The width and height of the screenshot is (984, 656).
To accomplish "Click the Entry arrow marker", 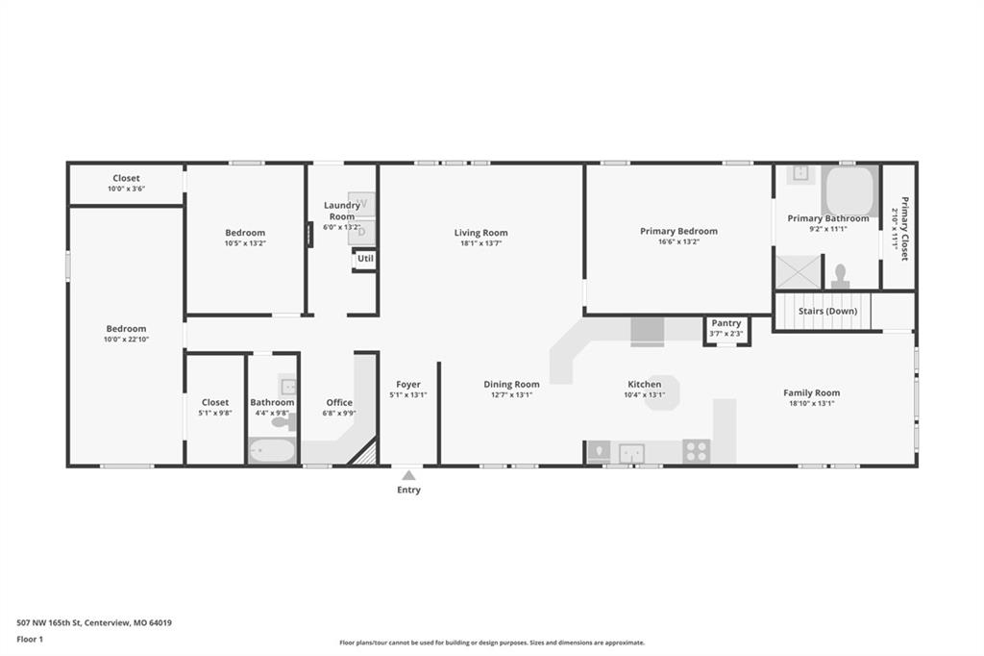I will (408, 475).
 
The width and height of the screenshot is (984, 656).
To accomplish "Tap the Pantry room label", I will (726, 323).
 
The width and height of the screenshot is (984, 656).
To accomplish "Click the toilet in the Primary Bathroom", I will (840, 277).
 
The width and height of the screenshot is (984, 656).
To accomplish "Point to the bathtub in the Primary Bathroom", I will (849, 189).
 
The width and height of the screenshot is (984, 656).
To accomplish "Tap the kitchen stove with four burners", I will (697, 450).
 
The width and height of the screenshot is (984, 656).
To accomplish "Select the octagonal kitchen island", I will (662, 392).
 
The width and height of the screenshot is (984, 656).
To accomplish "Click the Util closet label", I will (365, 259).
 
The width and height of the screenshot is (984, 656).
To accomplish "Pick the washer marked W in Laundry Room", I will (361, 204).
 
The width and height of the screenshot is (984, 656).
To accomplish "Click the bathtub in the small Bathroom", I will (272, 451).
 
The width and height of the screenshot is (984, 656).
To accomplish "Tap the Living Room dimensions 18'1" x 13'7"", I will (480, 244).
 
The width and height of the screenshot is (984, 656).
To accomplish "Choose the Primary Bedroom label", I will (678, 231).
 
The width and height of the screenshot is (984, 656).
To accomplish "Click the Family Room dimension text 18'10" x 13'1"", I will (811, 404).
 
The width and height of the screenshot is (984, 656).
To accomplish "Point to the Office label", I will (339, 402).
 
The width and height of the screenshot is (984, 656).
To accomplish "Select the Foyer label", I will (408, 385).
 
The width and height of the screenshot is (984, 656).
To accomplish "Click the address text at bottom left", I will (94, 622).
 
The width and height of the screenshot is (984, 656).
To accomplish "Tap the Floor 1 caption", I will (32, 639).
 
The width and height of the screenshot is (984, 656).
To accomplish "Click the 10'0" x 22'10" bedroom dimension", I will (126, 340).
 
